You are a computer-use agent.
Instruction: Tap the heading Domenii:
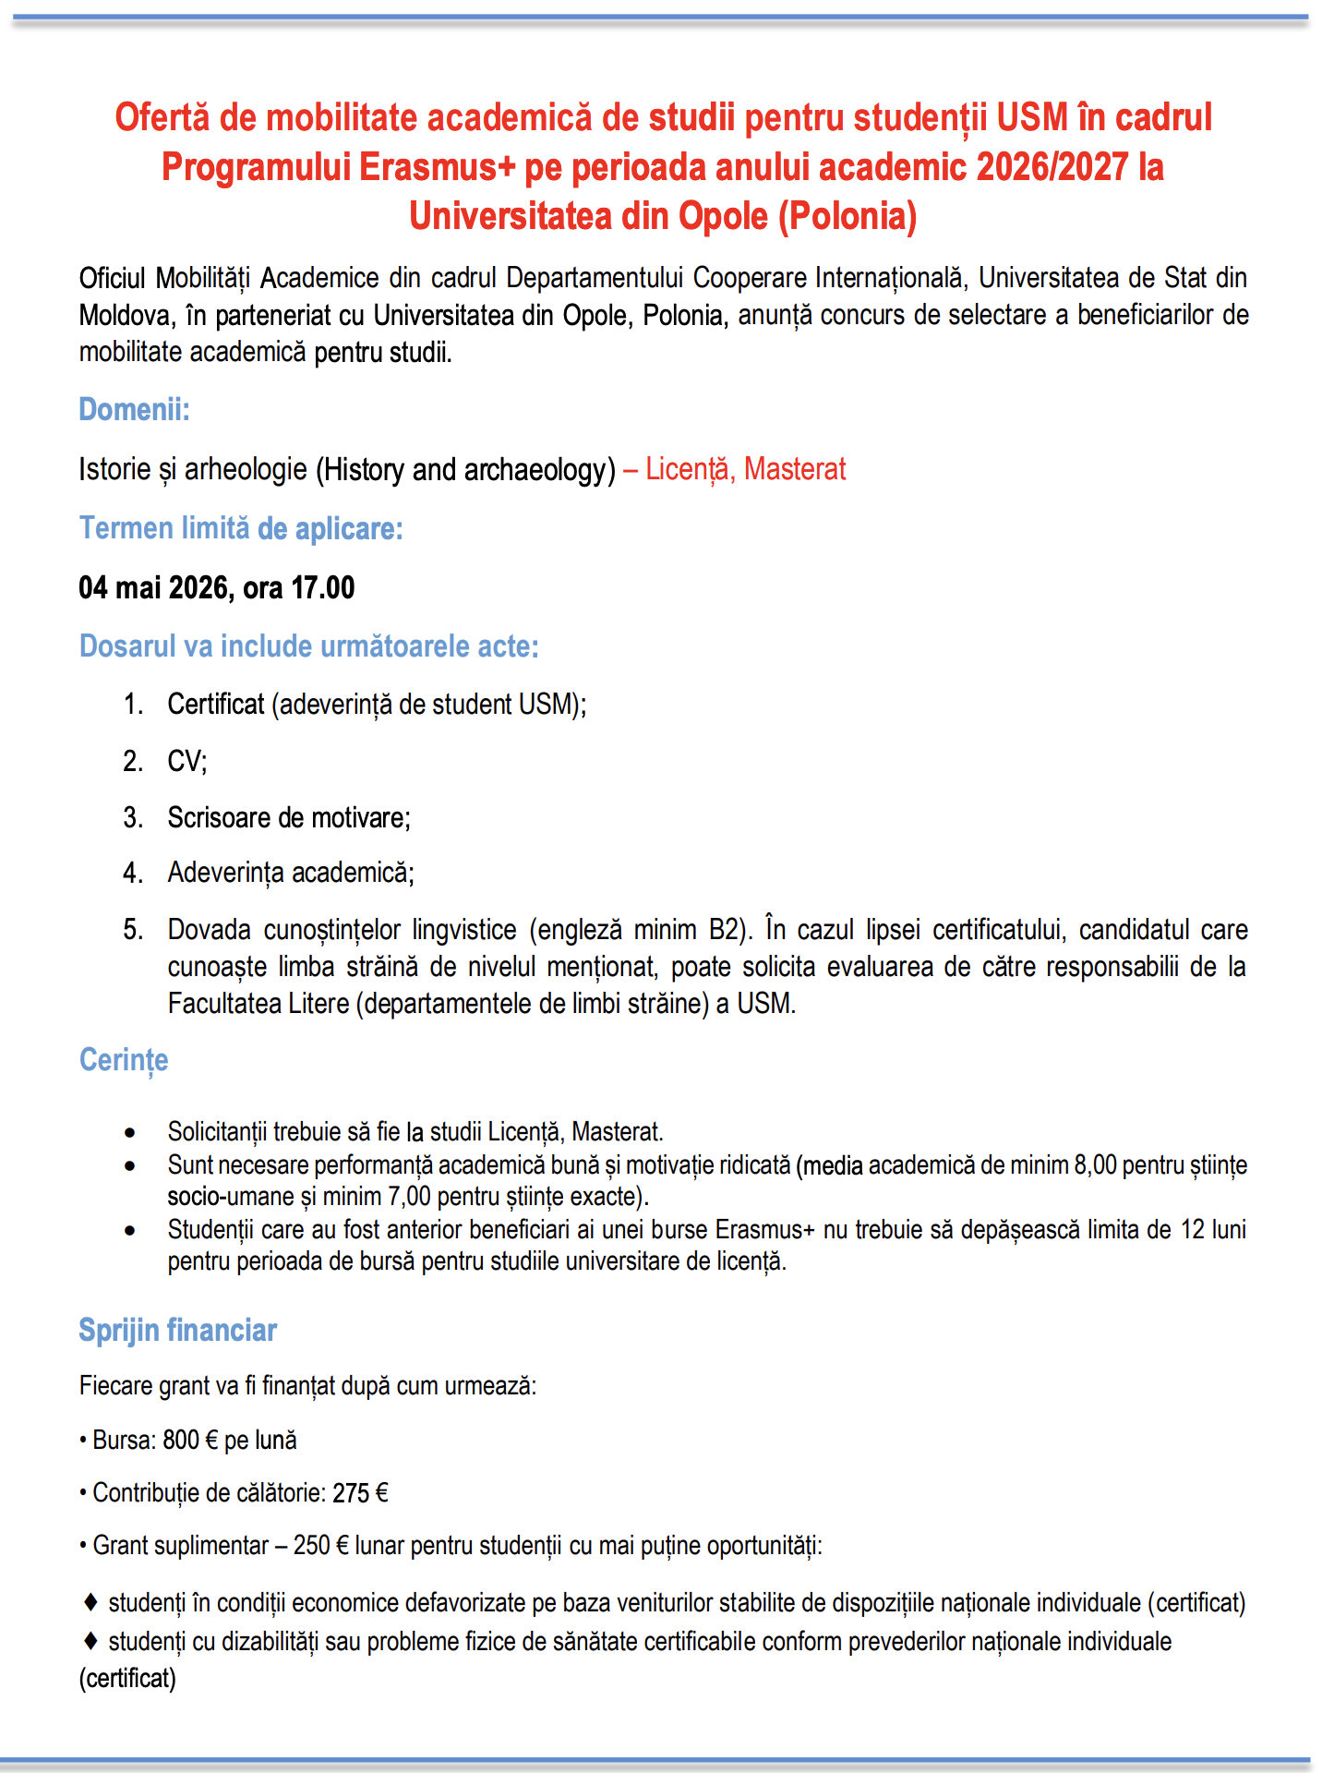click(x=134, y=409)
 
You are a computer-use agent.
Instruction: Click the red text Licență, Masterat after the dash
click(x=745, y=469)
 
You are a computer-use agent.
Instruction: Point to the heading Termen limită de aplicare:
click(x=241, y=528)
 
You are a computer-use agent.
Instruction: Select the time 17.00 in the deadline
click(x=322, y=587)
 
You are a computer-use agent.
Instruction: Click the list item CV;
click(x=187, y=761)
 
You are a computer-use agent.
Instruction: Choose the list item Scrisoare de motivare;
click(x=289, y=817)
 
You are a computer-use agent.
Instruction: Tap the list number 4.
click(x=133, y=873)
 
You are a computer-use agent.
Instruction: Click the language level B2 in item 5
click(x=726, y=929)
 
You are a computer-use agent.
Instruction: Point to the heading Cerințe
click(x=124, y=1059)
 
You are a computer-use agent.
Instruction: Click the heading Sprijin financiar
click(x=177, y=1330)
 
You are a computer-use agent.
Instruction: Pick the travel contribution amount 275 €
click(x=360, y=1493)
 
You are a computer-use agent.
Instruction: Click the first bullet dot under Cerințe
click(x=130, y=1133)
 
